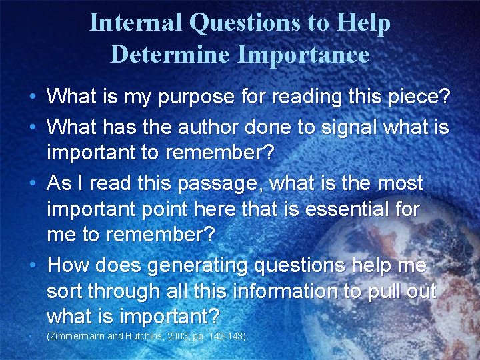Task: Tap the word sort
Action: pos(65,292)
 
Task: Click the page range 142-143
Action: pos(227,337)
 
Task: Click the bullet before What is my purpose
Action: pos(32,98)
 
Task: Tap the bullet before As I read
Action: pos(32,182)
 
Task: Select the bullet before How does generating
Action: pos(32,265)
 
